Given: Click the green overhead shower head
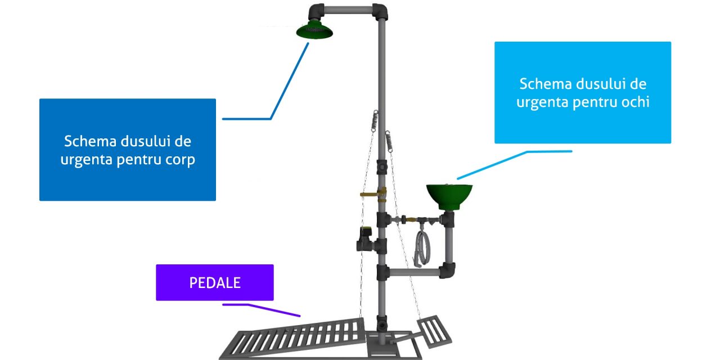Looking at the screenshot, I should (x=314, y=31).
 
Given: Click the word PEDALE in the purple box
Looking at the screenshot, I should (x=215, y=282).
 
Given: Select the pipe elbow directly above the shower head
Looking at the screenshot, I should (x=316, y=11).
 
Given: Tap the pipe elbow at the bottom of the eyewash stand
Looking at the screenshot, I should (x=449, y=271).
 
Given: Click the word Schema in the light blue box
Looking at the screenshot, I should (x=545, y=84).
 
